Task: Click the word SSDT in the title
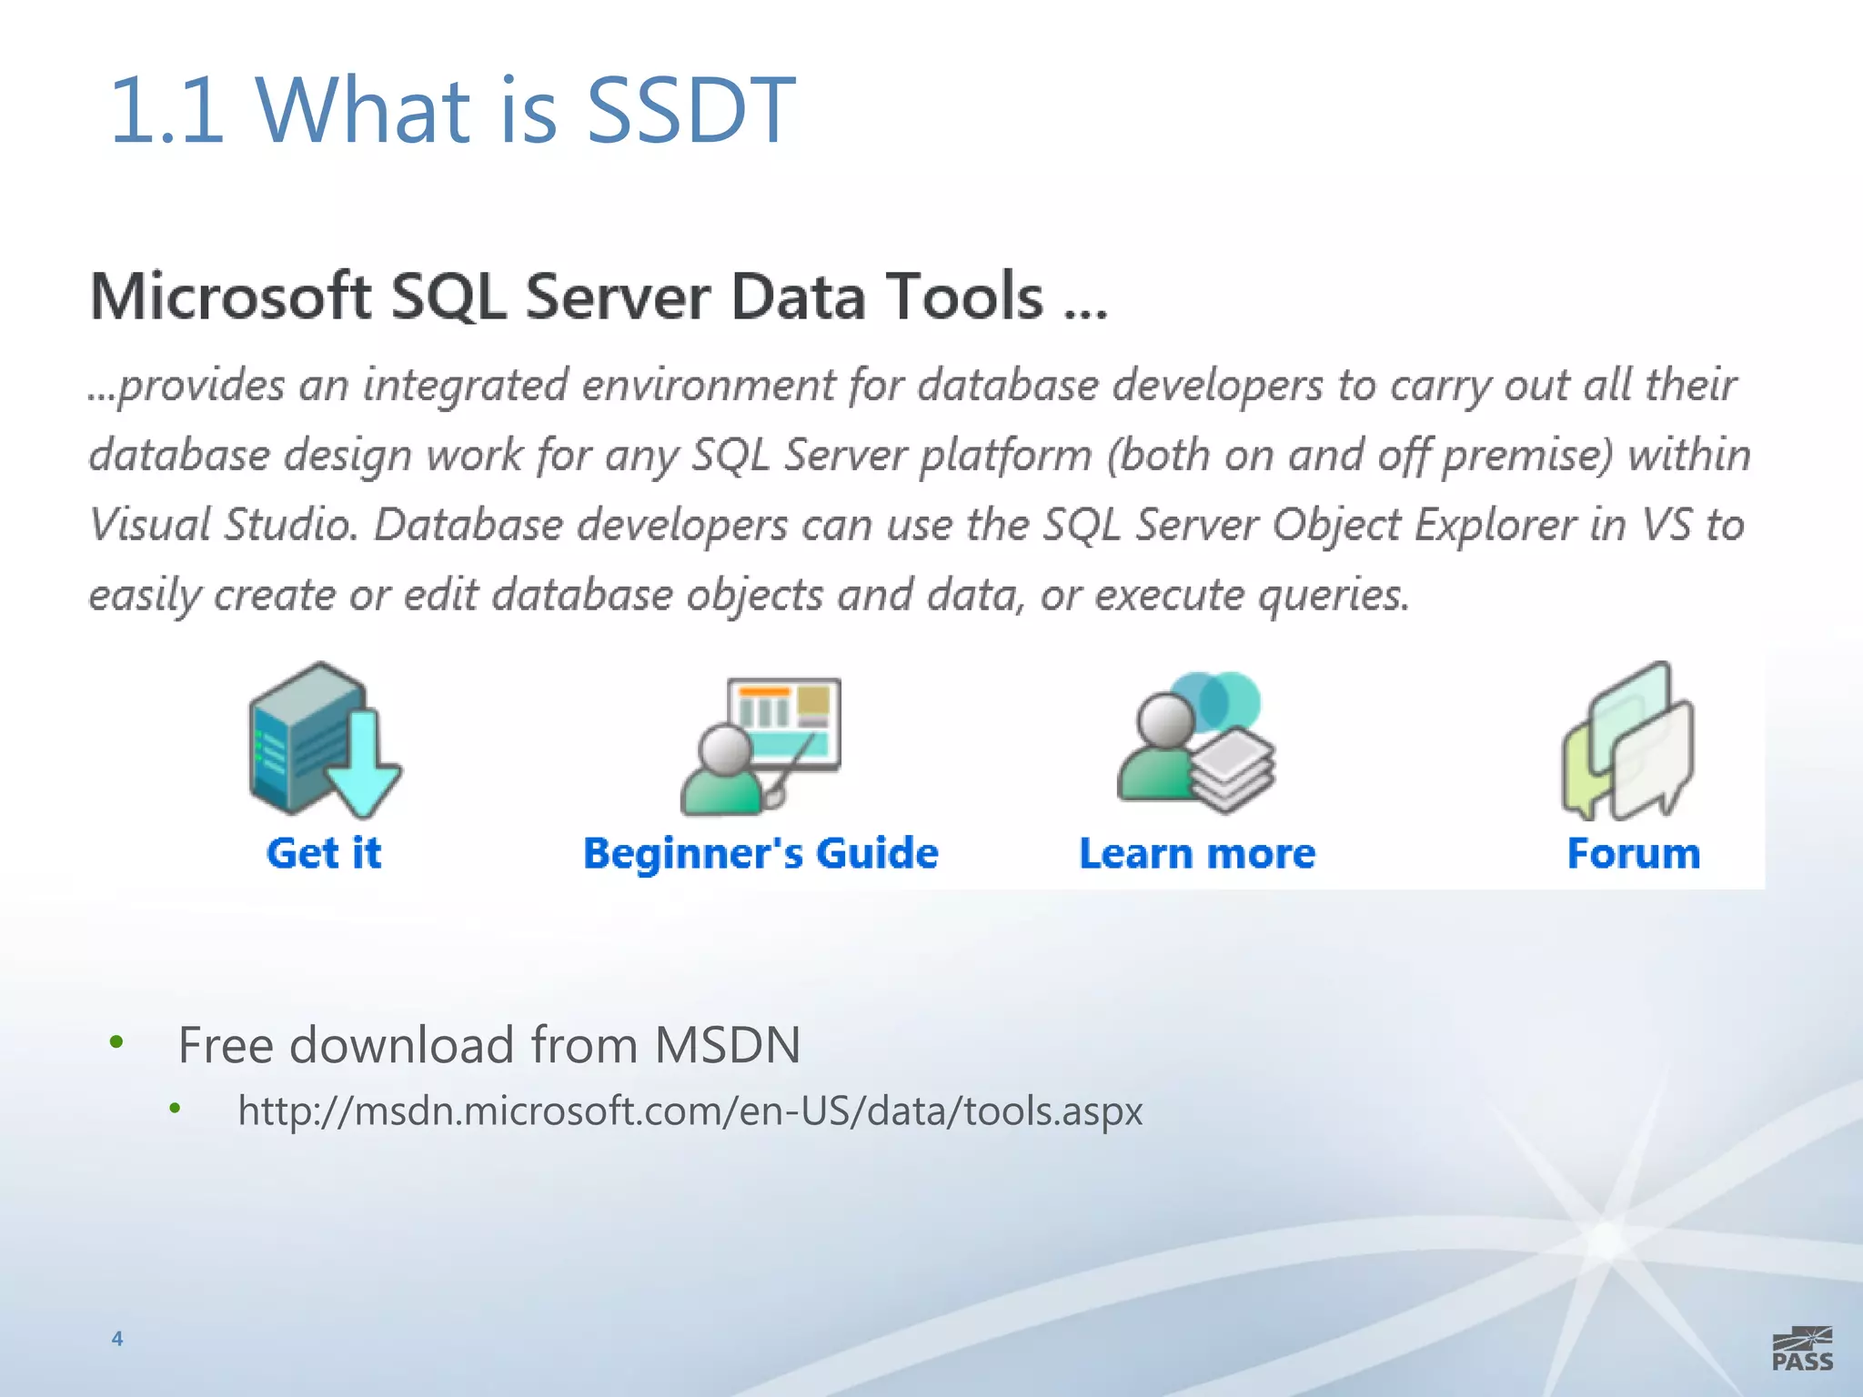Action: coord(691,111)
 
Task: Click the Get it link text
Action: coord(324,853)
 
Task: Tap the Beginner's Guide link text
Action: coord(760,853)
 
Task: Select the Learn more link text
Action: coord(1197,853)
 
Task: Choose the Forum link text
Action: coord(1633,853)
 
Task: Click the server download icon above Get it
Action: coord(323,740)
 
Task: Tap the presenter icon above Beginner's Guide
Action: coord(760,746)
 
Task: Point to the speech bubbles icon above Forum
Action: coord(1628,741)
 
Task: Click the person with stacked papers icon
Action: coord(1195,742)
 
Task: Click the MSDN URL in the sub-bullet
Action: coord(690,1111)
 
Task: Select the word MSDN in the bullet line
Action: coord(728,1044)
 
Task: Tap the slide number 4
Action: coord(117,1338)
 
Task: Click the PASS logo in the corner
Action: coord(1802,1350)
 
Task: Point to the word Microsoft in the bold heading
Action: coord(231,296)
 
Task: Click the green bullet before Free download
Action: coord(116,1042)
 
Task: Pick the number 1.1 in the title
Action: coord(166,111)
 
